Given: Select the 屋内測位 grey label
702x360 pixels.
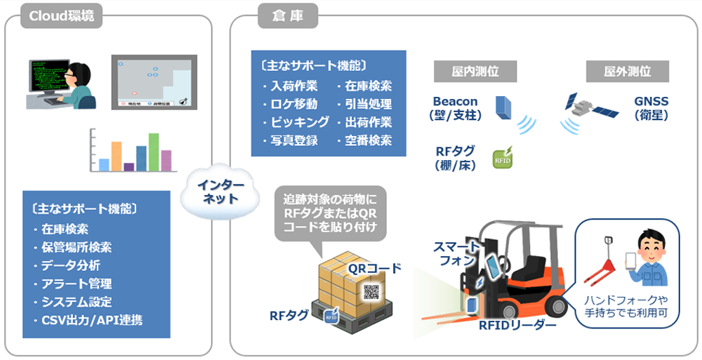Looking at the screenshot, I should point(475,72).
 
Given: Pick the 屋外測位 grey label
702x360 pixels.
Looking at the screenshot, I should point(627,72).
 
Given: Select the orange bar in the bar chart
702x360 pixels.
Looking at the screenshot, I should point(117,156).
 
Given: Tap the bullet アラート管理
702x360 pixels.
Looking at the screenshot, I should point(76,284).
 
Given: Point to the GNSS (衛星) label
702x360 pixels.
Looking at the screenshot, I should point(651,108).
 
